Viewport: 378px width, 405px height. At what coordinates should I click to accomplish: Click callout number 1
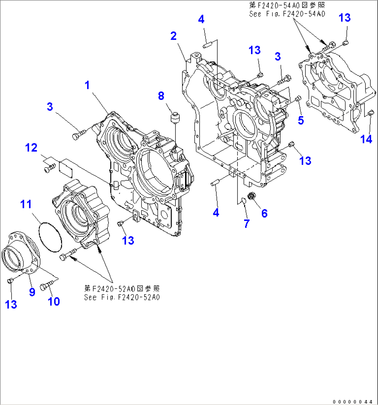[x=87, y=85]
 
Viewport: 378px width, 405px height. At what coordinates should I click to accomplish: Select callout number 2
[x=173, y=35]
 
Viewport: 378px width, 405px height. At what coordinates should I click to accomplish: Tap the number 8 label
[x=161, y=96]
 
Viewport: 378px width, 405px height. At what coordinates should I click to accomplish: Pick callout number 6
[x=264, y=213]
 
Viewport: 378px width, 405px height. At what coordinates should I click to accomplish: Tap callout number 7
[x=247, y=224]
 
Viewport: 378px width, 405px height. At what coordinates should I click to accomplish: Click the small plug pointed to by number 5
[x=298, y=100]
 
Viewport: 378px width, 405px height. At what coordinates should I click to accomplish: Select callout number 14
[x=366, y=139]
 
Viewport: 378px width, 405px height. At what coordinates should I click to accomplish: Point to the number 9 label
[x=32, y=292]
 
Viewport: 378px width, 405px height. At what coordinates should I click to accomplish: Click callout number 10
[x=54, y=301]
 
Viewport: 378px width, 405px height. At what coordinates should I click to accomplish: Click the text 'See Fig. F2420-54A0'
[x=287, y=14]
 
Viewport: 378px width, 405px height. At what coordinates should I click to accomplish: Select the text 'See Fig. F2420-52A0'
[x=122, y=297]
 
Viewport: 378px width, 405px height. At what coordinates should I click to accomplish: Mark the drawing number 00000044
[x=353, y=402]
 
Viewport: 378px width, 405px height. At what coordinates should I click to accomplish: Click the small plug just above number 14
[x=370, y=112]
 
